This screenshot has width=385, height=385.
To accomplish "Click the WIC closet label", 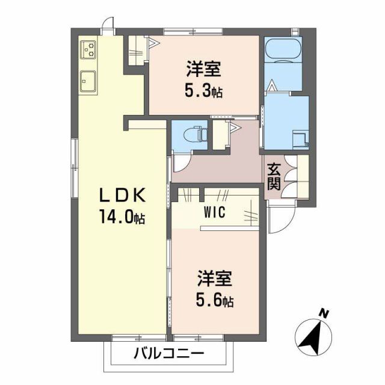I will [x=215, y=212].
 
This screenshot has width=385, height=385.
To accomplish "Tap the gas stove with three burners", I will [x=88, y=49].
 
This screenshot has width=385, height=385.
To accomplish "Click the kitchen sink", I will [x=88, y=80].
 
